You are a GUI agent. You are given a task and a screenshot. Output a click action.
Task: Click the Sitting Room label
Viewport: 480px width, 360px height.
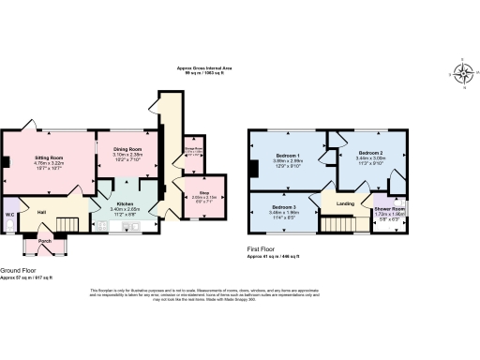coord(50,157)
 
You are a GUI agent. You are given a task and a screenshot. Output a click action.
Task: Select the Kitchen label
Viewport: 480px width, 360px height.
coord(127,202)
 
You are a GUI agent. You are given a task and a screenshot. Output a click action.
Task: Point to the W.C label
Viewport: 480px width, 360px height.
coord(8,213)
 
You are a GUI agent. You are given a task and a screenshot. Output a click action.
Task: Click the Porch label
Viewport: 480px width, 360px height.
coord(44,241)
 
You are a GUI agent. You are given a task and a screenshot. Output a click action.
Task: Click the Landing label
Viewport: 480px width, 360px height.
coord(345,203)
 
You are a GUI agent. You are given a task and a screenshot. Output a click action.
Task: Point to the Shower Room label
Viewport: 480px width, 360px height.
coord(389,209)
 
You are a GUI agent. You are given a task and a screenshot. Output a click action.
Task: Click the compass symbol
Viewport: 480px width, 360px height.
coord(462,71)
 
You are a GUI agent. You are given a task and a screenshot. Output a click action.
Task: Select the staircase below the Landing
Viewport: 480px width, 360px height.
coord(341,225)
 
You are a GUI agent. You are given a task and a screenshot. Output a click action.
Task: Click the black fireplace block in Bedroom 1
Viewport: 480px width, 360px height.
coord(253,169)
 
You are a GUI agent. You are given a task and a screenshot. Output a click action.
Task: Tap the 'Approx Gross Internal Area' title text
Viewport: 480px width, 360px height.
coord(206,68)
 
